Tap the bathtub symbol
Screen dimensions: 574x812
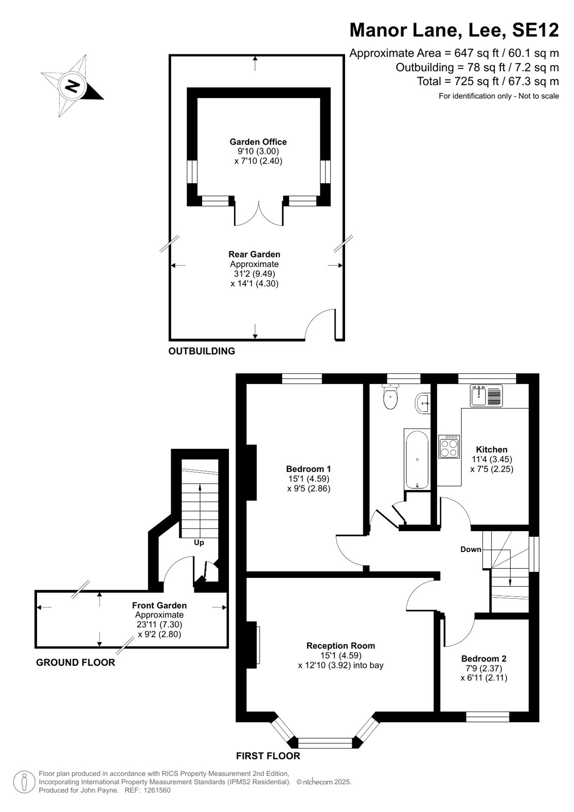[x=417, y=460]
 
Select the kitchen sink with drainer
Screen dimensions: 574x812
[x=486, y=395]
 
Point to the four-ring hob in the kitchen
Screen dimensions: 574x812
[x=449, y=446]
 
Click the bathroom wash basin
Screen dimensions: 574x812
[x=423, y=402]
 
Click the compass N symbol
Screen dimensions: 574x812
[x=72, y=86]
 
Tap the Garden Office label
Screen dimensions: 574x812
[x=258, y=142]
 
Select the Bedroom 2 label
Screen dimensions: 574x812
[x=484, y=658]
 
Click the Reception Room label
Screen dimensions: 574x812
[x=341, y=645]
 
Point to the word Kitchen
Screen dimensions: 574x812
[x=491, y=449]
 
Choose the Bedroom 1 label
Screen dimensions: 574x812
[x=309, y=469]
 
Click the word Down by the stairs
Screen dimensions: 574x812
[x=471, y=549]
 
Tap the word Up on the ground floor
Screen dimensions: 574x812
[x=199, y=542]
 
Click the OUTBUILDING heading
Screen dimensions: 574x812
[x=202, y=351]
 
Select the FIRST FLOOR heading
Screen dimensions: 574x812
[x=268, y=756]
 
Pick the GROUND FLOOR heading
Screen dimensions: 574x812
[x=76, y=662]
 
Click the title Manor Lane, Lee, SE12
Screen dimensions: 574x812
[x=454, y=30]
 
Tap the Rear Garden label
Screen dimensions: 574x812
[x=254, y=254]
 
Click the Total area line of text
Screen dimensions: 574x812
[x=488, y=81]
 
